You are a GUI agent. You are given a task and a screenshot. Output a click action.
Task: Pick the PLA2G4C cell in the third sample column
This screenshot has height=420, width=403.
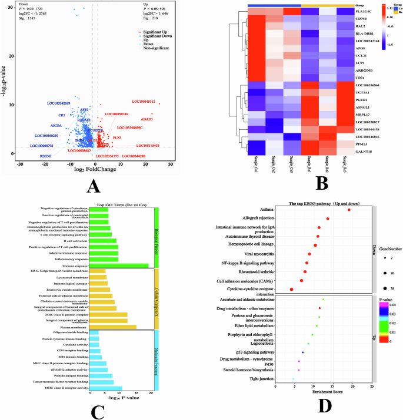292,12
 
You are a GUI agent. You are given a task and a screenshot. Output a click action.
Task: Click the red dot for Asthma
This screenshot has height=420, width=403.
349,210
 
